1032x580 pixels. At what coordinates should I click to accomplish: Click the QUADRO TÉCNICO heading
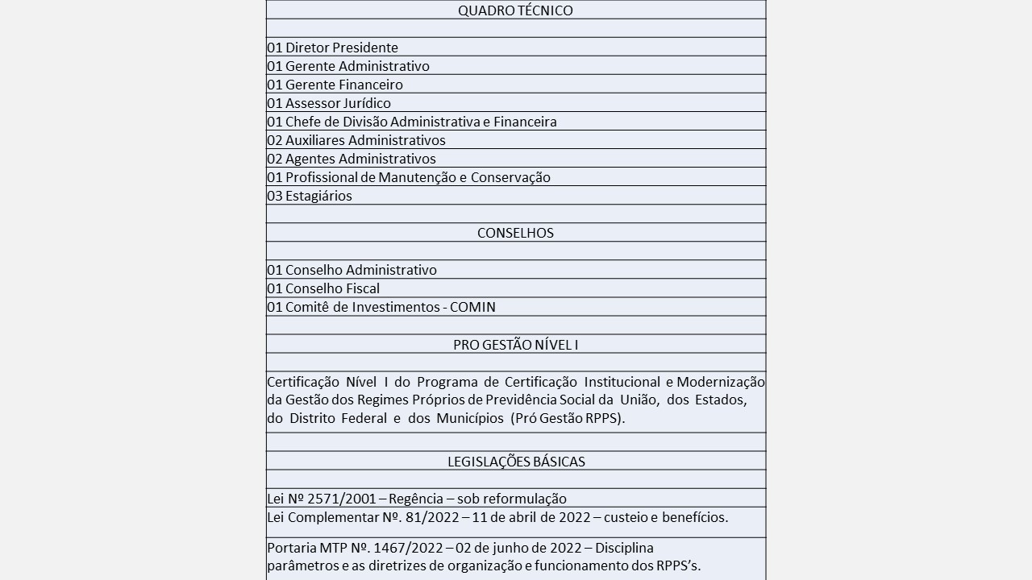(x=515, y=10)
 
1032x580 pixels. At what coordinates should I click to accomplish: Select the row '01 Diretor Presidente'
(x=332, y=48)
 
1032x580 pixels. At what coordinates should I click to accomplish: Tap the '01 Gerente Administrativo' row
(x=348, y=66)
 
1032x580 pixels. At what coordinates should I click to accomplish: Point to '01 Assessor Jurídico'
(x=329, y=103)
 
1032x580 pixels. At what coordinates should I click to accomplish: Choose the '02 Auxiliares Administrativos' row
(x=356, y=140)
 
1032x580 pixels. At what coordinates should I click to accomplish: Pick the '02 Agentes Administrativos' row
(x=352, y=159)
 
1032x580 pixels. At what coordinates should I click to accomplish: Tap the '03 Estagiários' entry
(x=310, y=196)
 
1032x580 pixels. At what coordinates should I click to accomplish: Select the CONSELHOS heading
(x=515, y=233)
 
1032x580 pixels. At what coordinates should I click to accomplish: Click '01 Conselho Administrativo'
(x=352, y=270)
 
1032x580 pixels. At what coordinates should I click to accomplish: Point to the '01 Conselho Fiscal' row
(x=323, y=288)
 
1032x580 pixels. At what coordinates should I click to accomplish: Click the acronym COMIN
(x=472, y=307)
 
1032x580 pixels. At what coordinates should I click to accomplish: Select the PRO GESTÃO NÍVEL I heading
(x=515, y=345)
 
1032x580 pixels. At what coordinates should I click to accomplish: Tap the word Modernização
(x=720, y=382)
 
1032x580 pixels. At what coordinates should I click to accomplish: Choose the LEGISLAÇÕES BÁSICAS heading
(x=516, y=462)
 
